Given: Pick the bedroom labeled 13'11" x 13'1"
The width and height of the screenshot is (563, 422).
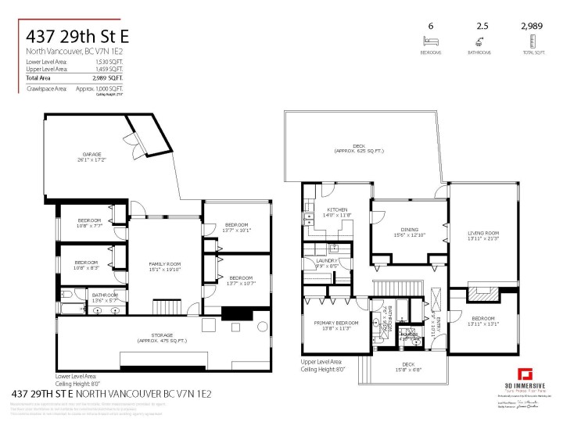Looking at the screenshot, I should click(x=483, y=321).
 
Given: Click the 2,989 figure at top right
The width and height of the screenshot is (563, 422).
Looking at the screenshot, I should click(x=533, y=27).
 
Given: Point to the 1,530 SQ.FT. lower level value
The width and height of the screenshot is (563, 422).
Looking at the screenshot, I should click(x=109, y=60).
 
